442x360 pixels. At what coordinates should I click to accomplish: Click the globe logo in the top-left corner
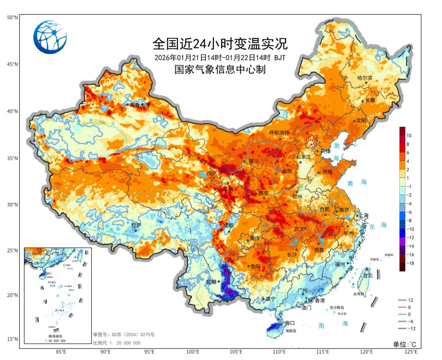tap(50, 37)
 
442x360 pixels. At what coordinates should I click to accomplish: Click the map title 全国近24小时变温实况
tap(220, 43)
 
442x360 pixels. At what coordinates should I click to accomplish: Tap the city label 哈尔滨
tap(365, 78)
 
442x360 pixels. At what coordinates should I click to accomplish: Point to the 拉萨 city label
tap(136, 225)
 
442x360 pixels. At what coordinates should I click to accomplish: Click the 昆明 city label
tap(211, 282)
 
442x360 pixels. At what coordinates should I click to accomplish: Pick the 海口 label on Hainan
tap(290, 323)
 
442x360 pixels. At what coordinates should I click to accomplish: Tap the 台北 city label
tap(368, 275)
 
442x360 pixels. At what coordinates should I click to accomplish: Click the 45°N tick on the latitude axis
tap(12, 64)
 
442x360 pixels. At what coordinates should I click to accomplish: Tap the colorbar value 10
tap(409, 135)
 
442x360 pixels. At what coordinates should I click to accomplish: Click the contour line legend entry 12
tap(410, 300)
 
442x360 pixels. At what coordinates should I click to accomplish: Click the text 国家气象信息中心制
tap(220, 70)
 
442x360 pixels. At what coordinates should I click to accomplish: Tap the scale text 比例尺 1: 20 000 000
tap(117, 343)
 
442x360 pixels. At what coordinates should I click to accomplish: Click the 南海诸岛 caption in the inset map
tap(57, 336)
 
